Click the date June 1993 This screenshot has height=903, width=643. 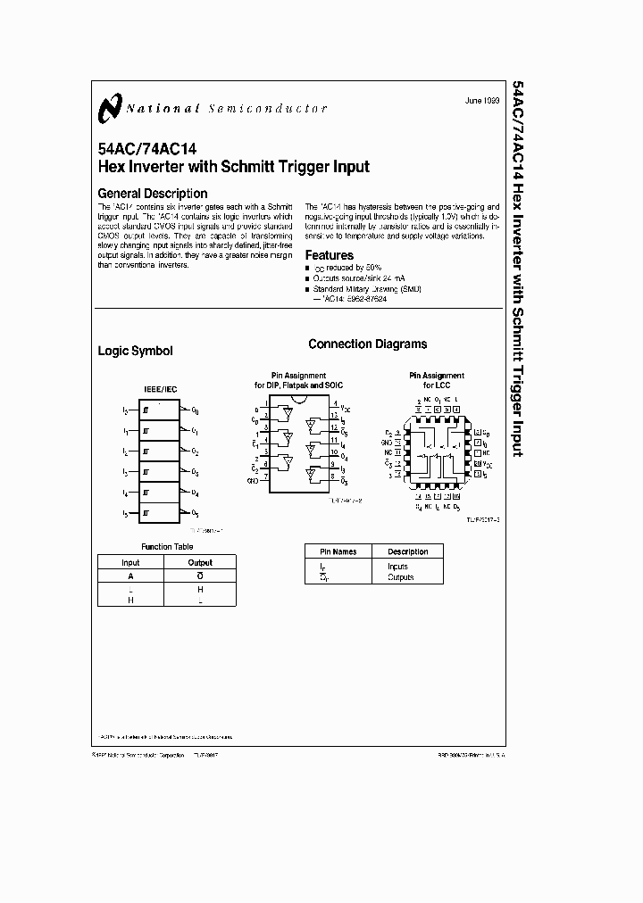(482, 102)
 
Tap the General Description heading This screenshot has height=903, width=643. (152, 193)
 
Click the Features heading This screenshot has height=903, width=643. (330, 255)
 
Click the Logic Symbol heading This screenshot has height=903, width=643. (135, 352)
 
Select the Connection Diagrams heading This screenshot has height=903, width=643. (367, 344)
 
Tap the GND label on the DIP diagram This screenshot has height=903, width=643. (253, 480)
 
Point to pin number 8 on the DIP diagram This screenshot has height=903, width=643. (334, 478)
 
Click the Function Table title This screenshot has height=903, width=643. (166, 545)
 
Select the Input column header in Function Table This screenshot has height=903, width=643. (130, 563)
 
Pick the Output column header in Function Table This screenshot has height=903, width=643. (200, 563)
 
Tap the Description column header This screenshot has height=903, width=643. (407, 551)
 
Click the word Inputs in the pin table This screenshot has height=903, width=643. (397, 567)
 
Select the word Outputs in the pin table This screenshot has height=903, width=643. (400, 577)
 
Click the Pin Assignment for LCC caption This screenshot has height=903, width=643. (436, 380)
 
